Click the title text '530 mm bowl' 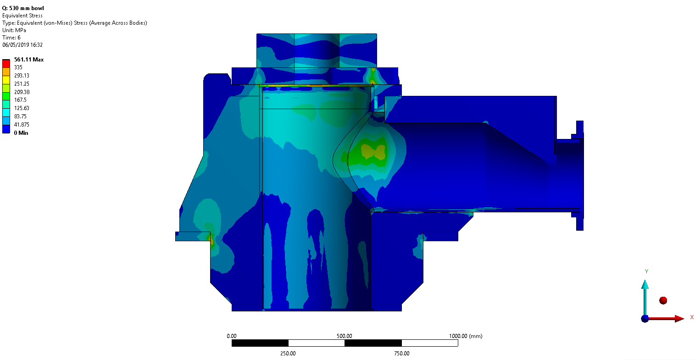pyautogui.click(x=26, y=8)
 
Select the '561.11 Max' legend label pyautogui.click(x=29, y=60)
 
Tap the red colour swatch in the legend pyautogui.click(x=6, y=64)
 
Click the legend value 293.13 pyautogui.click(x=22, y=76)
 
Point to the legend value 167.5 pyautogui.click(x=21, y=100)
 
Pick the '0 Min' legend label pyautogui.click(x=21, y=133)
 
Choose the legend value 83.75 pyautogui.click(x=21, y=116)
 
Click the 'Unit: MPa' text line pyautogui.click(x=14, y=30)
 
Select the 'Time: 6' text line pyautogui.click(x=11, y=38)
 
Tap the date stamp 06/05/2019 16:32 pyautogui.click(x=22, y=44)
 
